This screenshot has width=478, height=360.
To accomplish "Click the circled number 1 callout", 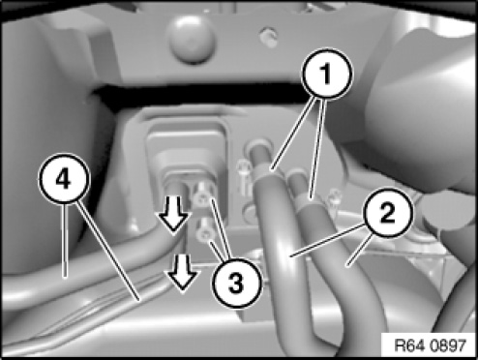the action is (x=326, y=74).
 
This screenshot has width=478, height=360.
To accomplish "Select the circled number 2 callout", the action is (x=388, y=213).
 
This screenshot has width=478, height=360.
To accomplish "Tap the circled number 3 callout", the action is (x=236, y=285).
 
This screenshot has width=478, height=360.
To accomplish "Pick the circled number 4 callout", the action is (x=64, y=179).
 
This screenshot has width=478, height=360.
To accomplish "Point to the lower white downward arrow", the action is (x=182, y=273).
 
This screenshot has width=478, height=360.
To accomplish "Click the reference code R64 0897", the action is (x=431, y=345).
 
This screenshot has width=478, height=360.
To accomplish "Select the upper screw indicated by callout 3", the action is (x=203, y=197).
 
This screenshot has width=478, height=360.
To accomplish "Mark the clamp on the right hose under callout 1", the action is (x=310, y=202).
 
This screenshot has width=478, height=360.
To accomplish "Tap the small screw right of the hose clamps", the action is (x=334, y=197).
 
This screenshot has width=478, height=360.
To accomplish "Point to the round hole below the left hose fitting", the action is (x=252, y=214).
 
